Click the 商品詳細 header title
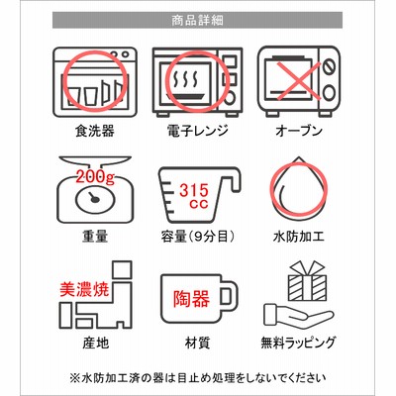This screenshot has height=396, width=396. click(x=197, y=21)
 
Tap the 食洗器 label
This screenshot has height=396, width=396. click(x=95, y=131)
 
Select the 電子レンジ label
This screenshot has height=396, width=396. click(x=197, y=131)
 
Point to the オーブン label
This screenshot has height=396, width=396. click(x=299, y=131)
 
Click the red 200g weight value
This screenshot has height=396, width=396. click(x=95, y=176)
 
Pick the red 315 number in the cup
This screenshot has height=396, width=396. click(x=194, y=190)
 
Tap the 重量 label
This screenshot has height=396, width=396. click(x=95, y=237)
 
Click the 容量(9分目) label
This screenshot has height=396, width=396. click(x=198, y=237)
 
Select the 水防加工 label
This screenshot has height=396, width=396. click(x=299, y=237)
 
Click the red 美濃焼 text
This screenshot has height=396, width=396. click(x=84, y=289)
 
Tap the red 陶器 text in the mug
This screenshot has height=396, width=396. click(x=191, y=299)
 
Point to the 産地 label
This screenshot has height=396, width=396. click(x=95, y=344)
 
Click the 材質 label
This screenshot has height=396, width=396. click(x=197, y=344)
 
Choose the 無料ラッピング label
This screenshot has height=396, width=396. click(x=298, y=344)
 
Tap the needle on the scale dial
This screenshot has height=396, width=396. click(x=93, y=197)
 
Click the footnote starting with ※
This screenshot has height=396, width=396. click(x=198, y=377)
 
